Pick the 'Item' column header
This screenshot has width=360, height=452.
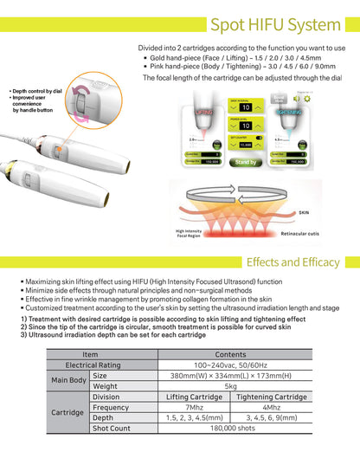90,353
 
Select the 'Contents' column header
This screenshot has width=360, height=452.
230,353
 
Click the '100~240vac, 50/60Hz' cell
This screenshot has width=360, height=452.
230,365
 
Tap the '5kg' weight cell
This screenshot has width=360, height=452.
230,385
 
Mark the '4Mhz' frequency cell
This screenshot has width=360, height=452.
271,406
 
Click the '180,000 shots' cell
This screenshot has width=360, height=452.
230,428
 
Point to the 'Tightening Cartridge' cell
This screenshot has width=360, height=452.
271,396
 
